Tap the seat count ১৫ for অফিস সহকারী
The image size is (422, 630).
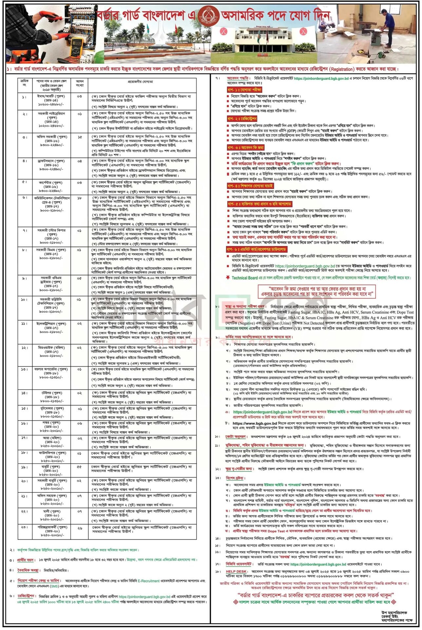click(x=80, y=137)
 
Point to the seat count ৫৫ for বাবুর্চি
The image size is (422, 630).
click(x=80, y=467)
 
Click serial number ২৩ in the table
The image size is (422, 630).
click(x=25, y=527)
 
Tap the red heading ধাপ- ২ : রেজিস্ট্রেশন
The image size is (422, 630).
click(x=242, y=118)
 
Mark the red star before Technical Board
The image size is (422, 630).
click(x=228, y=278)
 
